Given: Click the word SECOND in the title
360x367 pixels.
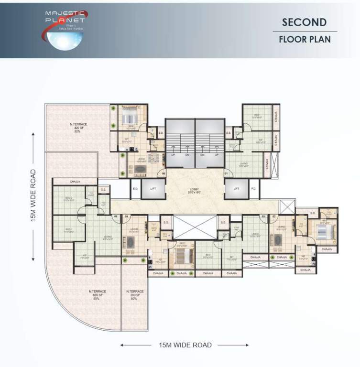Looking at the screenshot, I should point(304,22).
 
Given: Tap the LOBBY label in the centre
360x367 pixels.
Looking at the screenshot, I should point(195,190).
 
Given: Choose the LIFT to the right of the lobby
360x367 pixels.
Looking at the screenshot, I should point(236,189).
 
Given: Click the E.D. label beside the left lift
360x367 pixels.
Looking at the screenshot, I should point(135,189).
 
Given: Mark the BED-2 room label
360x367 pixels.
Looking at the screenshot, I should point(68,199).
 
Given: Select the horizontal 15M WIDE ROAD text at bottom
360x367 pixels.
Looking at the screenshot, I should point(185,345).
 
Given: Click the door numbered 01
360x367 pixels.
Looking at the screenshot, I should point(226,173).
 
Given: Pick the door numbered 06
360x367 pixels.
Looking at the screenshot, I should point(163,173).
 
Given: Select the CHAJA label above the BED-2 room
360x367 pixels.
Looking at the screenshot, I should point(75,182).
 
